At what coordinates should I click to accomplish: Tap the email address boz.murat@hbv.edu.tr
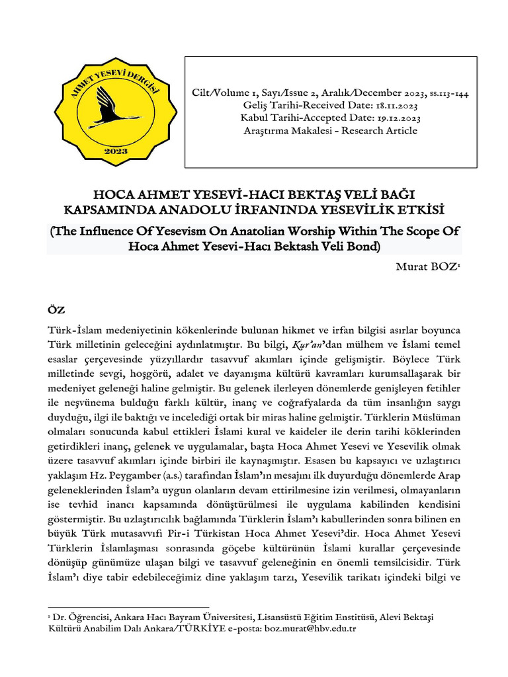click(310, 628)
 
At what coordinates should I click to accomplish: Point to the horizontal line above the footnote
click(129, 606)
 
